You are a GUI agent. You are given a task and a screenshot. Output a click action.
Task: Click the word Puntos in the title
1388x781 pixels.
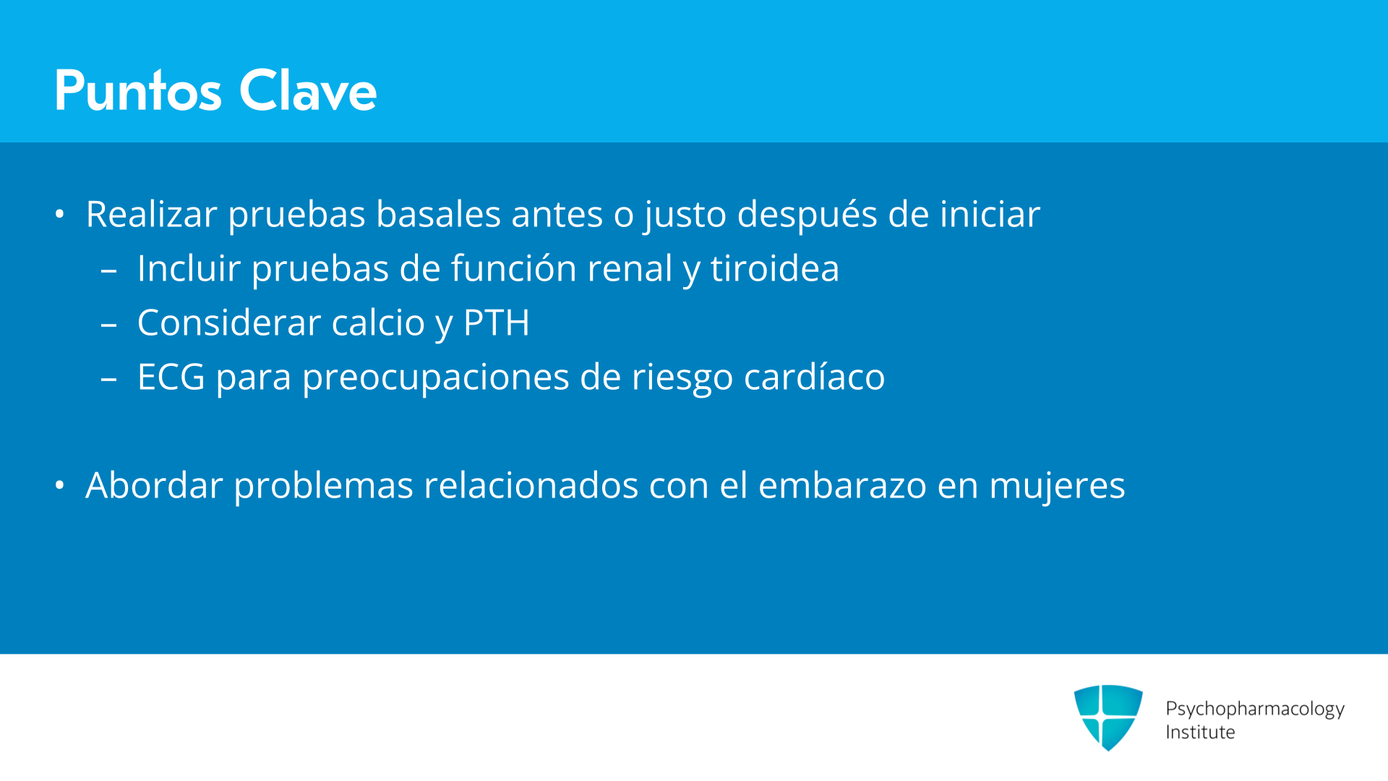click(x=138, y=91)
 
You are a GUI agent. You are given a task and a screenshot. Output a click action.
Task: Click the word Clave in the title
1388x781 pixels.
click(x=308, y=91)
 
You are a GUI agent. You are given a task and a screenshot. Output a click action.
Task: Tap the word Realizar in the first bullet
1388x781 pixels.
click(x=152, y=214)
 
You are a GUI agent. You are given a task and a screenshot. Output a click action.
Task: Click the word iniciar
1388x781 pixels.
click(x=990, y=214)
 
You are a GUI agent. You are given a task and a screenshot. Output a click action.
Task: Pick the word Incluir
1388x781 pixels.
click(x=189, y=268)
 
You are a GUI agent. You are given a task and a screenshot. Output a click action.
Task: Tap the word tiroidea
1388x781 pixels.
click(x=774, y=268)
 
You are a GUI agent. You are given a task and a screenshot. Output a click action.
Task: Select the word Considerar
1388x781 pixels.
click(x=228, y=323)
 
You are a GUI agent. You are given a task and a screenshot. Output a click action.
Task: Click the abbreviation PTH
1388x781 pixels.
click(x=496, y=323)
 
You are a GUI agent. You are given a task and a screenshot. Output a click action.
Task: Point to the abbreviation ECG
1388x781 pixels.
click(x=171, y=377)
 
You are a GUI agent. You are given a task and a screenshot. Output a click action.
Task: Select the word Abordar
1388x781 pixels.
click(x=155, y=485)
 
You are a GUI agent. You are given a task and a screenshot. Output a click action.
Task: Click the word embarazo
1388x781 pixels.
click(x=842, y=485)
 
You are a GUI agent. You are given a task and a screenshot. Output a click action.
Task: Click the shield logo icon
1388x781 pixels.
click(x=1108, y=717)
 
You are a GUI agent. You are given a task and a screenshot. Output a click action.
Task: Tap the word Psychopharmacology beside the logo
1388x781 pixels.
click(x=1255, y=709)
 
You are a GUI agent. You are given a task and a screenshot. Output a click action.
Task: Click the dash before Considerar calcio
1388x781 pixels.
click(x=109, y=325)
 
